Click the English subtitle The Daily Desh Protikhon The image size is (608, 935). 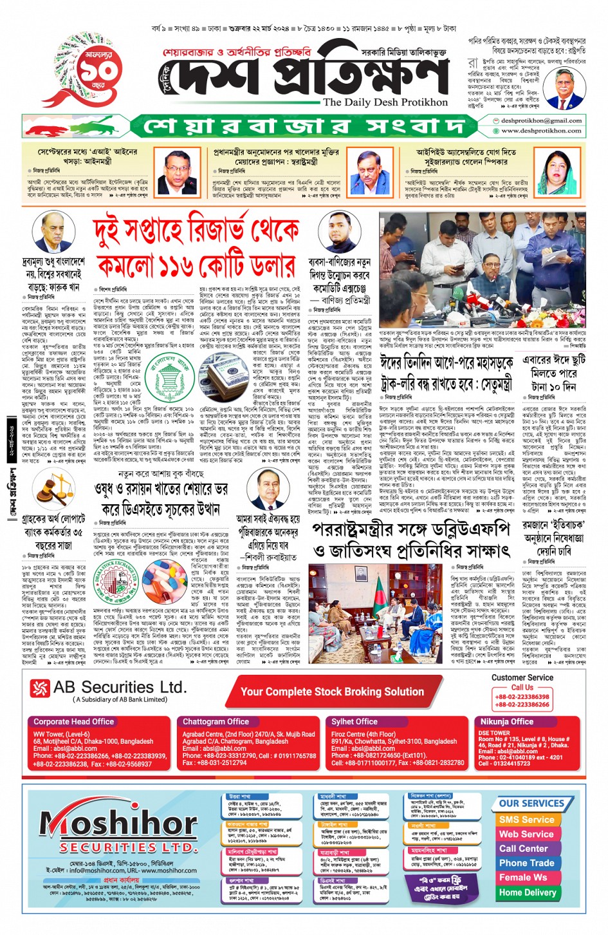pyautogui.click(x=385, y=102)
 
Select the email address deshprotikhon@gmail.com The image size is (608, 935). pyautogui.click(x=541, y=120)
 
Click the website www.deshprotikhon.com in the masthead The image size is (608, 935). pyautogui.click(x=541, y=130)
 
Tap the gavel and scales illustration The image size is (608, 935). pyautogui.click(x=49, y=492)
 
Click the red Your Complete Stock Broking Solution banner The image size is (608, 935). pyautogui.click(x=332, y=692)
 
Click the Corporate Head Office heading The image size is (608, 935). pyautogui.click(x=73, y=721)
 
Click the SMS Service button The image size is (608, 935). pyautogui.click(x=526, y=820)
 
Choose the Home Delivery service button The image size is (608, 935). pyautogui.click(x=527, y=892)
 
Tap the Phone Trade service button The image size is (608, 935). pyautogui.click(x=526, y=863)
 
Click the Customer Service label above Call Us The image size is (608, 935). pyautogui.click(x=522, y=677)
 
